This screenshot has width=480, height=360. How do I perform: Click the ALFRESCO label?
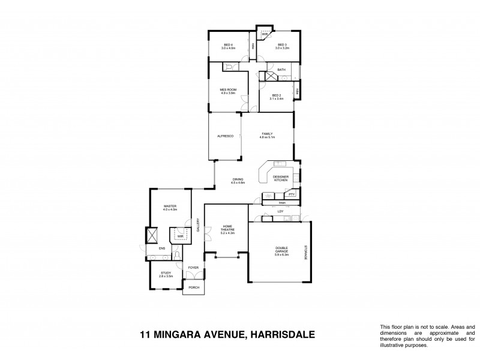225,137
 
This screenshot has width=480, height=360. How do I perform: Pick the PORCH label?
194,288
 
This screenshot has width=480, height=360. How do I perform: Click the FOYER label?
193,268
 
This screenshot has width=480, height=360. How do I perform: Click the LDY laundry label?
280,212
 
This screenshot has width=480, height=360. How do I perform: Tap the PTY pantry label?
291,195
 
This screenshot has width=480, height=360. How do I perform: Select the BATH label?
281,70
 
